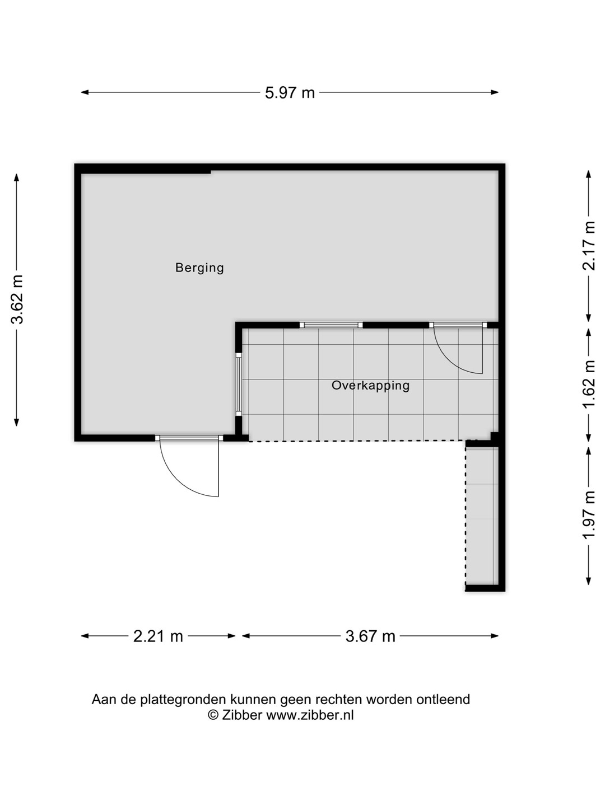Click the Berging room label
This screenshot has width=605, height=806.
[x=199, y=268]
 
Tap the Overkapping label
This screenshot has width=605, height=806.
[x=370, y=386]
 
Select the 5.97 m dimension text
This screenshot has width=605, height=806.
[x=290, y=92]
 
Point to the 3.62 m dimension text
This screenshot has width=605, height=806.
[x=17, y=299]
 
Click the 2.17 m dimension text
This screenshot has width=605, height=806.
[x=589, y=246]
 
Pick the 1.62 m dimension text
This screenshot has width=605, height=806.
[x=589, y=384]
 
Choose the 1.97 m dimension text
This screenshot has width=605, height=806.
[x=589, y=515]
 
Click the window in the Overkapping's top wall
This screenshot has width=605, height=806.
[x=331, y=325]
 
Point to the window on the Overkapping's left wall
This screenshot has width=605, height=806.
[x=239, y=384]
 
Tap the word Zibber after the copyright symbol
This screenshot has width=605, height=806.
[x=242, y=715]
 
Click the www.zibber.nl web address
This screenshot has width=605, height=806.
[x=310, y=715]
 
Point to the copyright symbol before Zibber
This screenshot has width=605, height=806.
[x=213, y=715]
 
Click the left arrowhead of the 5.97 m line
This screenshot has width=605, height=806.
[x=85, y=92]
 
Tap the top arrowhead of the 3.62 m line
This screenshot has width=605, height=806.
[x=17, y=177]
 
